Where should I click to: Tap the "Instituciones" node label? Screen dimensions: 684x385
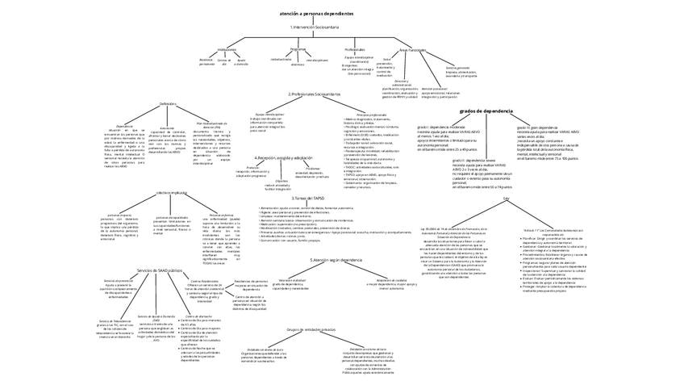tap(227, 49)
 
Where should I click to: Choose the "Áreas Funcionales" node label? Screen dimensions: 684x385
tap(411, 49)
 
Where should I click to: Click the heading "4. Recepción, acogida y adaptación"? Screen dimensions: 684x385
tap(282, 157)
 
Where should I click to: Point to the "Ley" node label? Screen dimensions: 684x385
tap(507, 198)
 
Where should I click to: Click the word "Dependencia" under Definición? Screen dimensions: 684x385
tap(125, 126)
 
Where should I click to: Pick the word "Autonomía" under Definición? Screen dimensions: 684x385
tap(168, 126)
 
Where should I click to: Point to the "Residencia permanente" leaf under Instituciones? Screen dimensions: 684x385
tap(207, 61)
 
